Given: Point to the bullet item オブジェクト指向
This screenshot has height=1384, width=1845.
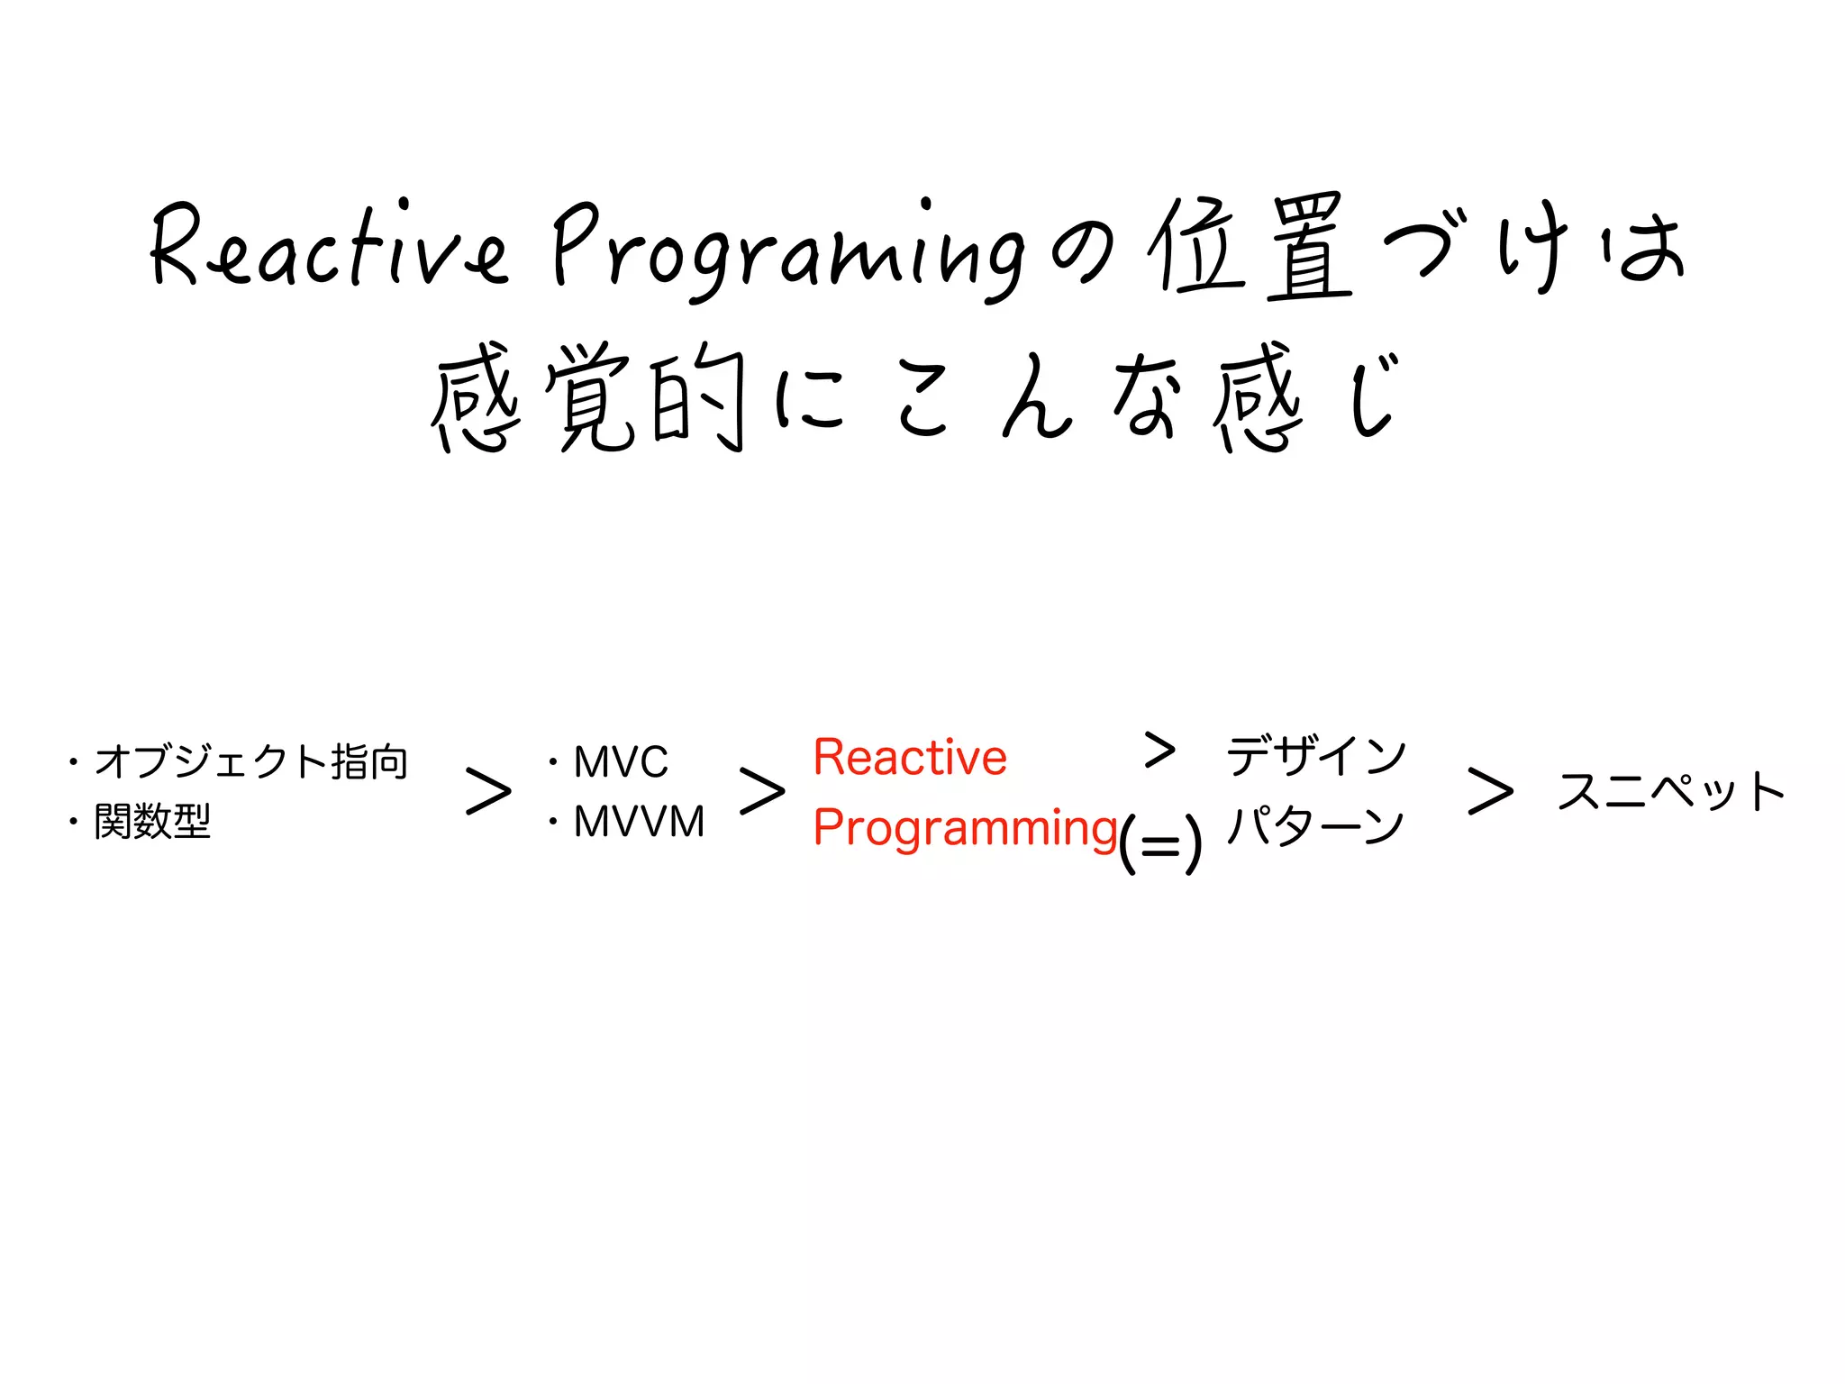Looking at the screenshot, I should (251, 761).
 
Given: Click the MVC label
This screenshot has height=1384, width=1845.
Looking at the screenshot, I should (621, 762).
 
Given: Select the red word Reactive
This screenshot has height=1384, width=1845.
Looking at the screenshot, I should (910, 757).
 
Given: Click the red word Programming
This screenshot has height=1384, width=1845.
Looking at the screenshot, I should (965, 827).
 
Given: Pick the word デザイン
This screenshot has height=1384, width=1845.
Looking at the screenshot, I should (1316, 755).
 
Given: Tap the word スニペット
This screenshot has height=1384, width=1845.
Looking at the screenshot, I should (1671, 792).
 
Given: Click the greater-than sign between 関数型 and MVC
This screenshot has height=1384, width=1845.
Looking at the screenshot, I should (488, 792).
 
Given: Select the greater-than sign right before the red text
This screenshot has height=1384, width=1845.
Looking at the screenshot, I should (762, 792).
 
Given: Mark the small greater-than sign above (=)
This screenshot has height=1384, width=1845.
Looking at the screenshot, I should (1159, 750).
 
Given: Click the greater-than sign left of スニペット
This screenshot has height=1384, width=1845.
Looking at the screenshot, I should (1490, 792).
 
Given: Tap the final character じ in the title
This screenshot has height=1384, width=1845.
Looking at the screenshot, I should (1374, 396).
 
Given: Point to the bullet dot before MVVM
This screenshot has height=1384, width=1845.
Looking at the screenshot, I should (553, 822).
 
